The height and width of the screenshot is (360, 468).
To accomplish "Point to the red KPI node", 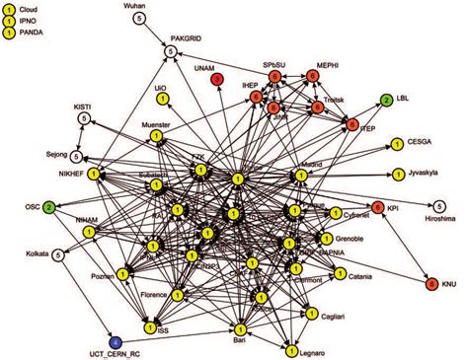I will (x=377, y=206).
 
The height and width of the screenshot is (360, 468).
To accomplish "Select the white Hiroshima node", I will (x=424, y=206).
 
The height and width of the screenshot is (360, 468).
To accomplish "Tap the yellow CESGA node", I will (x=395, y=143).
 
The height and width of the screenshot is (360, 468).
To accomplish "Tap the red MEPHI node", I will (x=313, y=74).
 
